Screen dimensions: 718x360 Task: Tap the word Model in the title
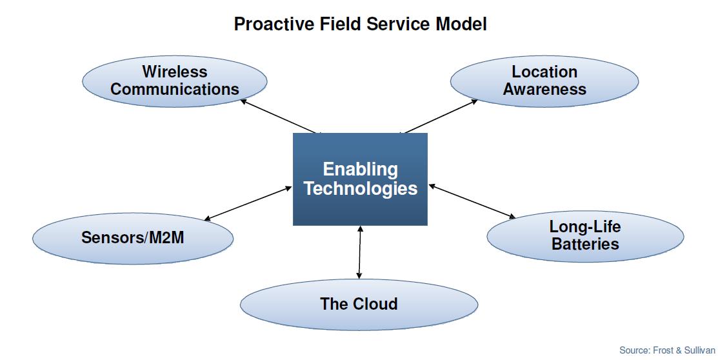pyautogui.click(x=461, y=24)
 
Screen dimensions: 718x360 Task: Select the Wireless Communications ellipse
pyautogui.click(x=174, y=81)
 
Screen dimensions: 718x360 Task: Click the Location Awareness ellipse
pyautogui.click(x=544, y=81)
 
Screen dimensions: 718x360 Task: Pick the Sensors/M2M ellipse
pyautogui.click(x=133, y=238)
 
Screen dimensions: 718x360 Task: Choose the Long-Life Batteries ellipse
pyautogui.click(x=585, y=236)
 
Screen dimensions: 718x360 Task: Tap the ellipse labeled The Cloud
pyautogui.click(x=359, y=304)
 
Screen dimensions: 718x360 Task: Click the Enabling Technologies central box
pyautogui.click(x=360, y=179)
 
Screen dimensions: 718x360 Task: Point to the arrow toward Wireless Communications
pyautogui.click(x=279, y=116)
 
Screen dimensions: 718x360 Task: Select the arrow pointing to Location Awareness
pyautogui.click(x=439, y=116)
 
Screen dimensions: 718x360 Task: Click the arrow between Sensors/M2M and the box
pyautogui.click(x=248, y=203)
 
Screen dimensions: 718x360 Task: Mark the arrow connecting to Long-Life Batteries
pyautogui.click(x=472, y=201)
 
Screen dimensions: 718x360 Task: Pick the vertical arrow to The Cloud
pyautogui.click(x=359, y=252)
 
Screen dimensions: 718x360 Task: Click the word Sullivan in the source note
pyautogui.click(x=699, y=350)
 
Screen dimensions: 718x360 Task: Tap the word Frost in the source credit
pyautogui.click(x=663, y=350)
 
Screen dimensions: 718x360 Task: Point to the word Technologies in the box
pyautogui.click(x=361, y=188)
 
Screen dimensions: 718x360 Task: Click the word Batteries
pyautogui.click(x=585, y=244)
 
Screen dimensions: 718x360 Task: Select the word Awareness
pyautogui.click(x=544, y=89)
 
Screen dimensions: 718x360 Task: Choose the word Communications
pyautogui.click(x=174, y=89)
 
